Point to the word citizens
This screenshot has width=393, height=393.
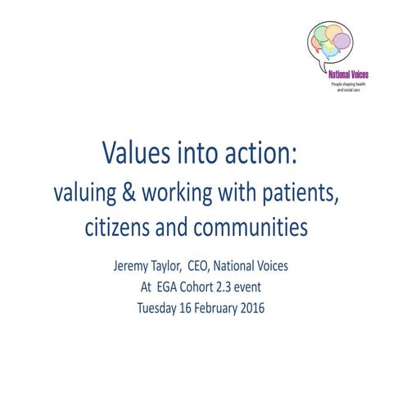117,227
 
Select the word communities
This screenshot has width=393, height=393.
251,227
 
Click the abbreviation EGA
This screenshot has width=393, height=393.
170,288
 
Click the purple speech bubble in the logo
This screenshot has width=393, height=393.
342,40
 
